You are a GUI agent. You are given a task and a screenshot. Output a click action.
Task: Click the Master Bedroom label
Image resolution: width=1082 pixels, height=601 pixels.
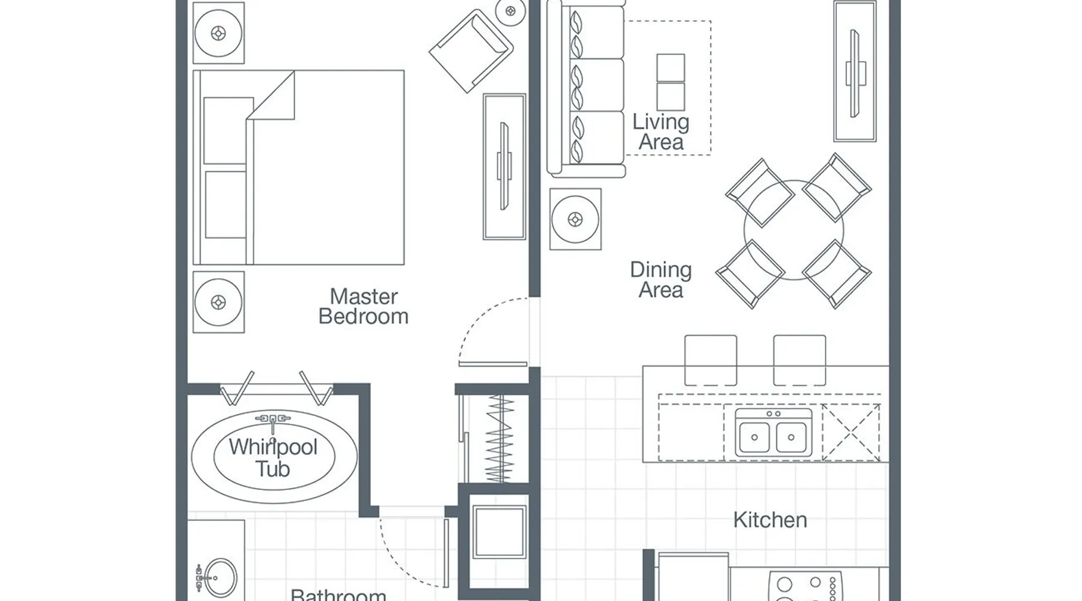363,307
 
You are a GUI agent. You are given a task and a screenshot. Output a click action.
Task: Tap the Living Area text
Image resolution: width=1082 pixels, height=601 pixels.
661,132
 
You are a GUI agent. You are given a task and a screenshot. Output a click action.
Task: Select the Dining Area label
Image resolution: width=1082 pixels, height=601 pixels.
661,280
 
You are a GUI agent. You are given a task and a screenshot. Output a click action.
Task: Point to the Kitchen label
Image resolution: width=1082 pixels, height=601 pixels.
770,520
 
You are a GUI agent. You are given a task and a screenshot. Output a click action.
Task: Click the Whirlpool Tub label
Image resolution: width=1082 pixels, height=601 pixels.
273,458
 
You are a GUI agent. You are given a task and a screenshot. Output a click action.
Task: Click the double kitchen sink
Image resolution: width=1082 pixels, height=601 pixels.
774,432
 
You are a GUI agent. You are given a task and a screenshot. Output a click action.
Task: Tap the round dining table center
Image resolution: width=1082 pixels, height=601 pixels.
793,230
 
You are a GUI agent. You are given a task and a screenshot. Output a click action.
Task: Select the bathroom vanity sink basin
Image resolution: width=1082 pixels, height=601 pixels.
219,578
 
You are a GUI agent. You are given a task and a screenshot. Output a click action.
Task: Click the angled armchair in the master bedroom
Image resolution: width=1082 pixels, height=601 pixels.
471,50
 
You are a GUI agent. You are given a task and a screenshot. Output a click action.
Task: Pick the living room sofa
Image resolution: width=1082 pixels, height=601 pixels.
586,89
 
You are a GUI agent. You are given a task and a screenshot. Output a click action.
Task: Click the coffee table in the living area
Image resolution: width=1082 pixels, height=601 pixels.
670,82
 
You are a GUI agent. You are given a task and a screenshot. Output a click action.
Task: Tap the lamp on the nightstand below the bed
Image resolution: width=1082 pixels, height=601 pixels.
218,302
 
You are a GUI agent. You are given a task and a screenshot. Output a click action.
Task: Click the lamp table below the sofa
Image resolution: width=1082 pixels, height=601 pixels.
575,219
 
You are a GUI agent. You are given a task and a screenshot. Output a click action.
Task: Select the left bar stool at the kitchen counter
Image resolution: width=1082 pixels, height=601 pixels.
711,360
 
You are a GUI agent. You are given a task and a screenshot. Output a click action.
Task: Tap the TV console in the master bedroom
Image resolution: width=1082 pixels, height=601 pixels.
504,166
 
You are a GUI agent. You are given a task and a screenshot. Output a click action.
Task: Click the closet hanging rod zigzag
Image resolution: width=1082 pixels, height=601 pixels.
500,438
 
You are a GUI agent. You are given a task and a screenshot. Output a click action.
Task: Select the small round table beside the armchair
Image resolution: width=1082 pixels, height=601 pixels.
511,11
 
